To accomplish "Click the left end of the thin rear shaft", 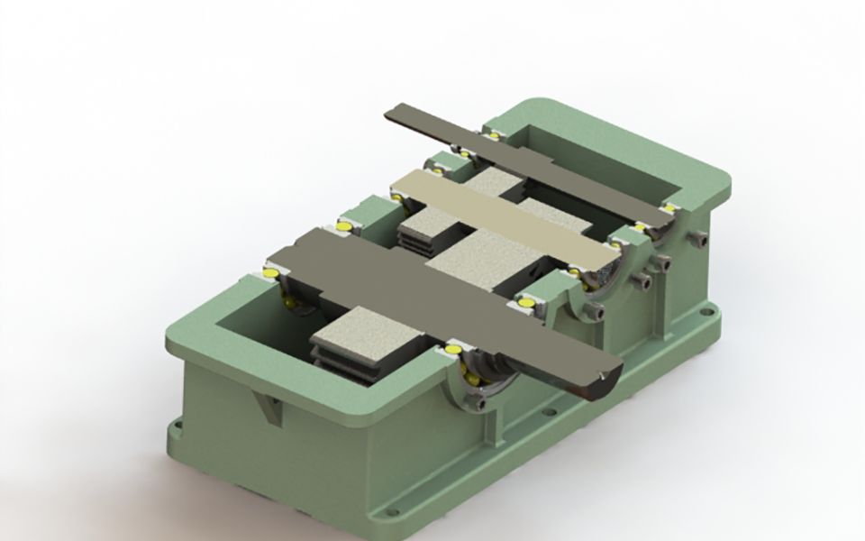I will pos(396,113).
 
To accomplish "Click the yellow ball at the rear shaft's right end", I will pos(669,208).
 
